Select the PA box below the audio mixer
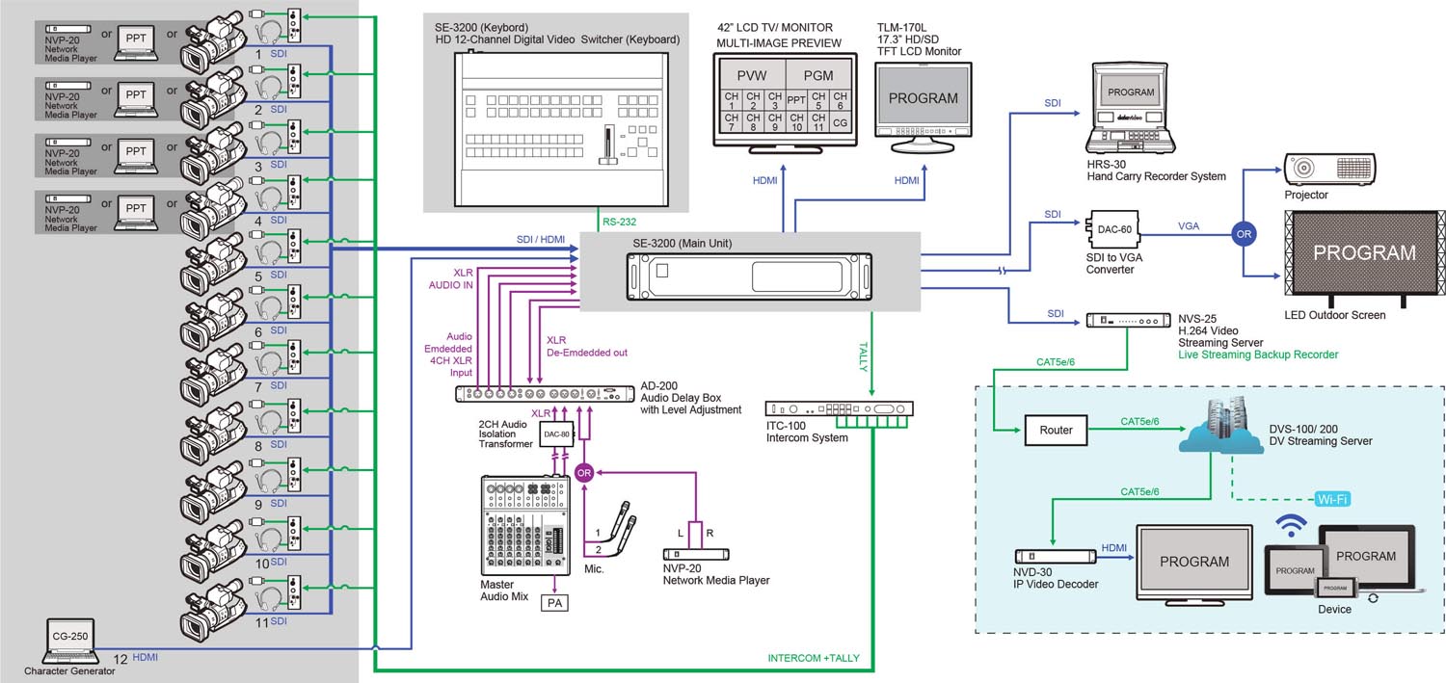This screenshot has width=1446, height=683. [554, 603]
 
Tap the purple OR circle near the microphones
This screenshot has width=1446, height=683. [583, 472]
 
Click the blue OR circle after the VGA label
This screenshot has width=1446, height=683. [1243, 232]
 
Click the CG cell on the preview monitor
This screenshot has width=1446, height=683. [840, 123]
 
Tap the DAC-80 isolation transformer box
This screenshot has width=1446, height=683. [555, 435]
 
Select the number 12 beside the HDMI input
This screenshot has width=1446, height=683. [120, 658]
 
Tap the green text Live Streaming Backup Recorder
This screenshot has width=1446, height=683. [1258, 355]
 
